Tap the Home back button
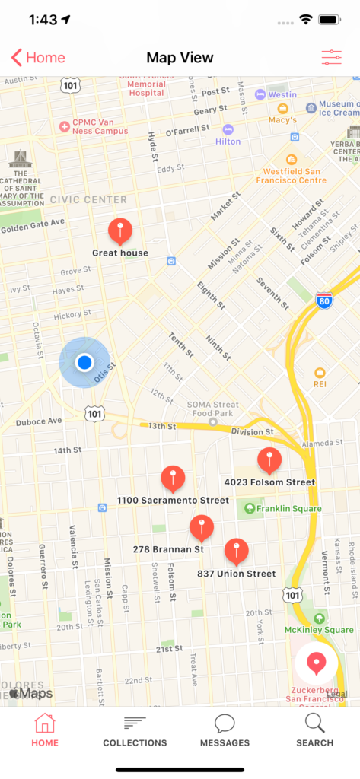pyautogui.click(x=38, y=58)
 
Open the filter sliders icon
pyautogui.click(x=331, y=58)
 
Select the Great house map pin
pyautogui.click(x=120, y=230)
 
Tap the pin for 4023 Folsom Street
pyautogui.click(x=269, y=459)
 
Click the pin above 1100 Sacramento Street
pyautogui.click(x=173, y=478)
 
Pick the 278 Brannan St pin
pyautogui.click(x=201, y=526)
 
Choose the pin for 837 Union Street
pyautogui.click(x=236, y=550)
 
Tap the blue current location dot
pyautogui.click(x=84, y=362)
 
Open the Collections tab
pyautogui.click(x=135, y=730)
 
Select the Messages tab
pyautogui.click(x=225, y=730)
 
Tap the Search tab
pyautogui.click(x=314, y=730)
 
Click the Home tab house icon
pyautogui.click(x=45, y=723)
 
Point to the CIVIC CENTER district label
pyautogui.click(x=88, y=199)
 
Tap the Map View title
pyautogui.click(x=180, y=58)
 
